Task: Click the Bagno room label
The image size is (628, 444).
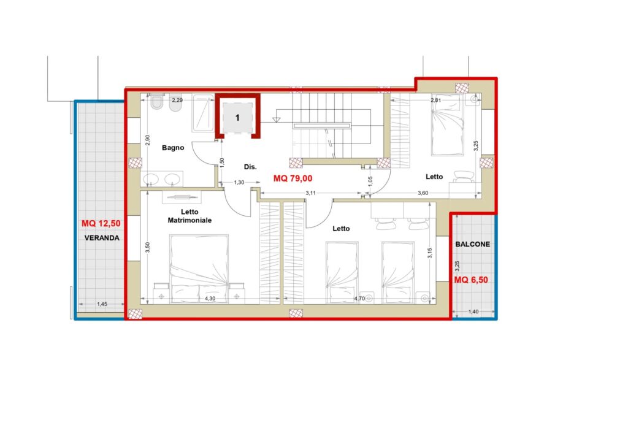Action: [173, 148]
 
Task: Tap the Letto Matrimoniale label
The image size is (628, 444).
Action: [190, 216]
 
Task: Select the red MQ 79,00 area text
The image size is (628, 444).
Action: [293, 178]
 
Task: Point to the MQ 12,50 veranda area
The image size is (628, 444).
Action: [101, 223]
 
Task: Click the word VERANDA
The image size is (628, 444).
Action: [102, 238]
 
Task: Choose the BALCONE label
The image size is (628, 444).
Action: [473, 244]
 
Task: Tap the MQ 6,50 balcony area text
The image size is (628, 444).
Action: [471, 280]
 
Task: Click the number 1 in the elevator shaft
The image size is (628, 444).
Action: [237, 118]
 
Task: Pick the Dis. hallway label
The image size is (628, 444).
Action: [250, 167]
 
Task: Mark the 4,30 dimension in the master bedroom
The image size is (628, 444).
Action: [210, 298]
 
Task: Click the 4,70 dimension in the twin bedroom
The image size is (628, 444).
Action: [359, 298]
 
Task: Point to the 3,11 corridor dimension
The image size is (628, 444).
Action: [310, 193]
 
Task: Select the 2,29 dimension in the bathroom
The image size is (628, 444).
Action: [177, 100]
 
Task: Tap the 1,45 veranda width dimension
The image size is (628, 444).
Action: [102, 304]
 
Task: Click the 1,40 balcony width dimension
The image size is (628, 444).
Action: [473, 312]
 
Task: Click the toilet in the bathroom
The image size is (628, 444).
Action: [156, 102]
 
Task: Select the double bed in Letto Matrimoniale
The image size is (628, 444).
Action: [199, 269]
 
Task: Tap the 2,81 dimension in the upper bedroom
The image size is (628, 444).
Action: [436, 100]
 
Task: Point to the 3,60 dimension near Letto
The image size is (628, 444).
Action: [423, 193]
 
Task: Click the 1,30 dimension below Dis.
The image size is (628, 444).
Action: [239, 183]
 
